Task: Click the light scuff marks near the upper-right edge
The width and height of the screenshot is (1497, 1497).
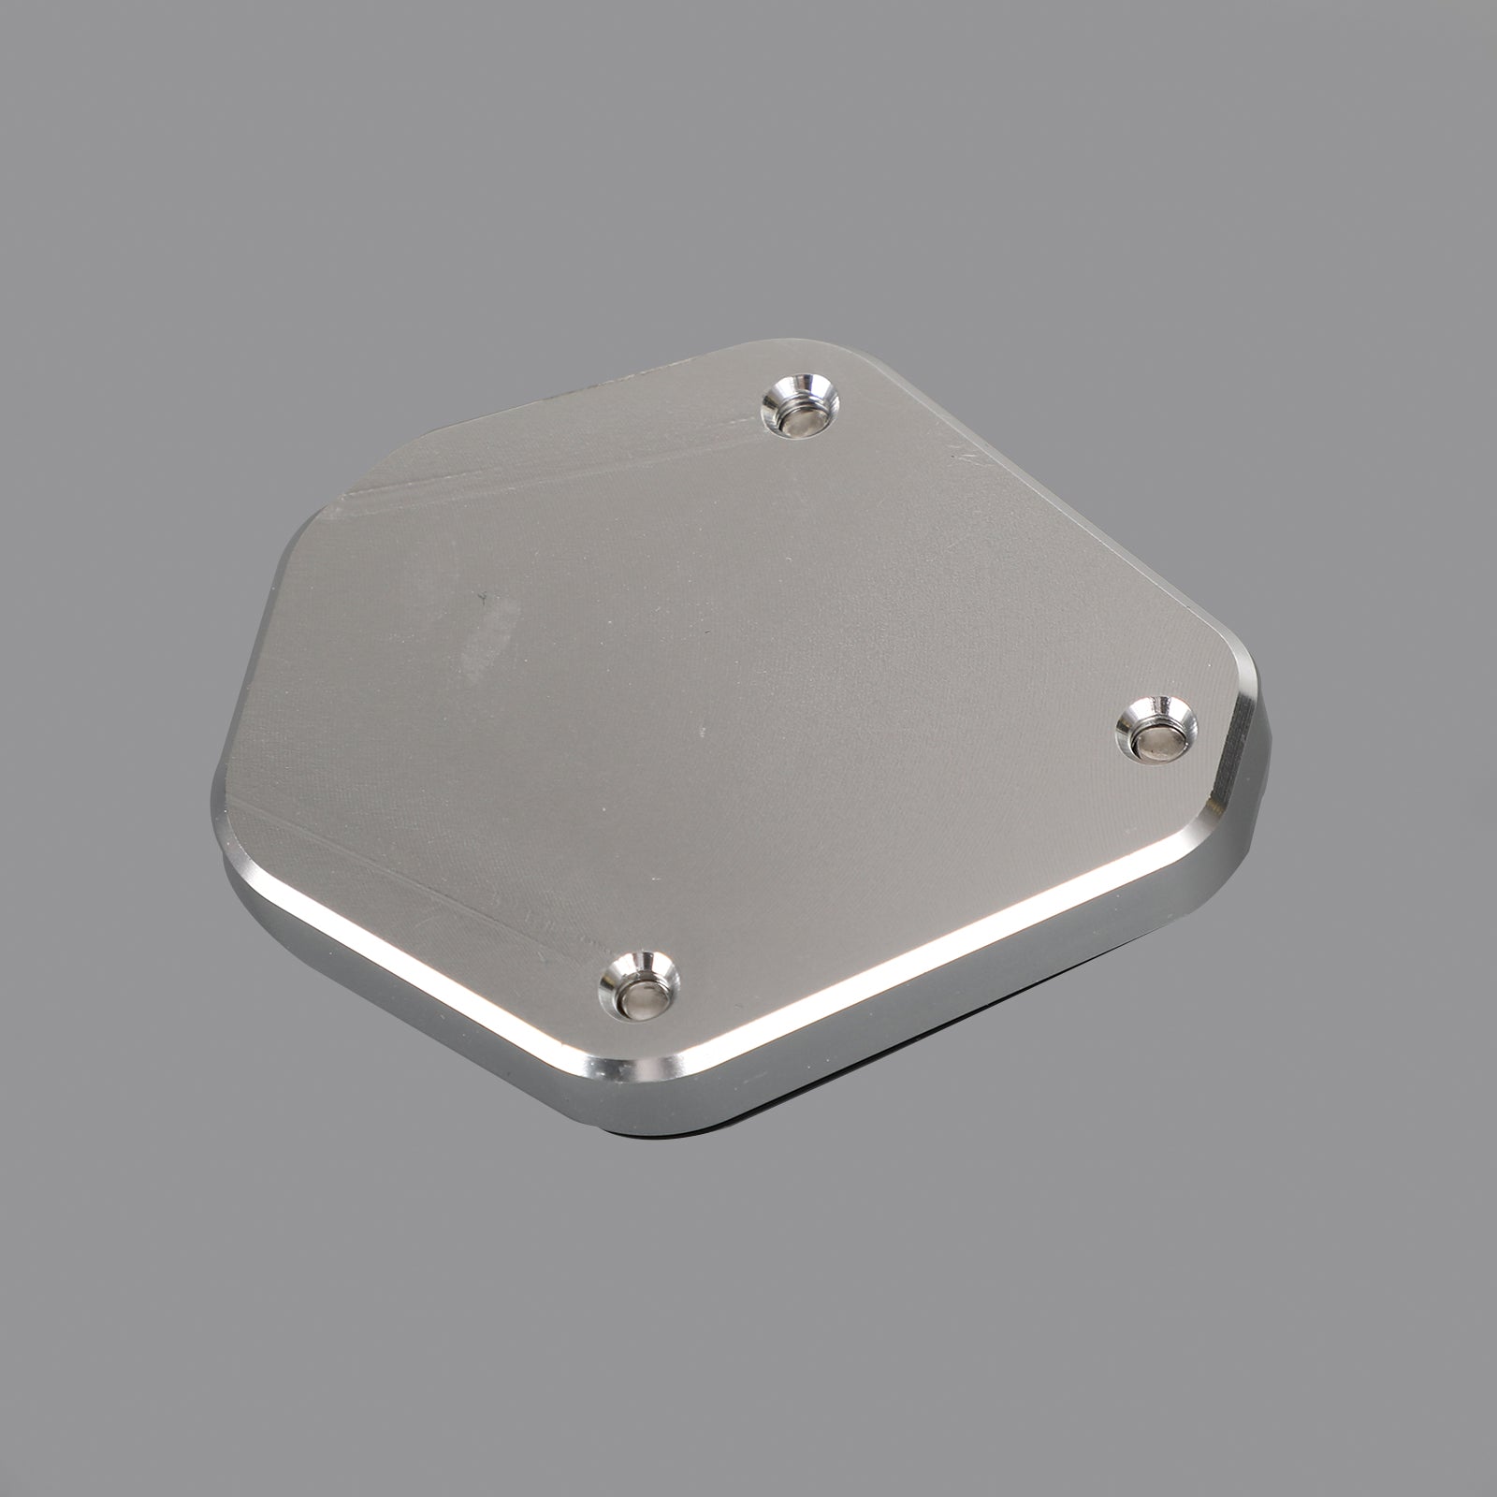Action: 964,458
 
